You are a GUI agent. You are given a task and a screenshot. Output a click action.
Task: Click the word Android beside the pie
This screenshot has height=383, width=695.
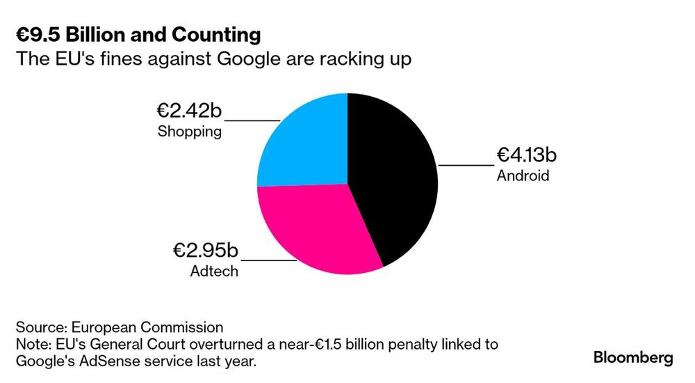(x=523, y=176)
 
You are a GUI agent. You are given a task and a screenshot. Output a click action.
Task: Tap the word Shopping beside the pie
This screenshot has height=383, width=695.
(x=190, y=132)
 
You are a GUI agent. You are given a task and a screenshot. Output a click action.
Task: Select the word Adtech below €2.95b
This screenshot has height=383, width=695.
(x=214, y=271)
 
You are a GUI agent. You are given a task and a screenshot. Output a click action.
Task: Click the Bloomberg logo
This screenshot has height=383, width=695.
(x=633, y=358)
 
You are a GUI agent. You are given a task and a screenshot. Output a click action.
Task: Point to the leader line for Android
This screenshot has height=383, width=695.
(x=466, y=165)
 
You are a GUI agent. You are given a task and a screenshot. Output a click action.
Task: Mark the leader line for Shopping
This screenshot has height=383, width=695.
(x=252, y=120)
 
